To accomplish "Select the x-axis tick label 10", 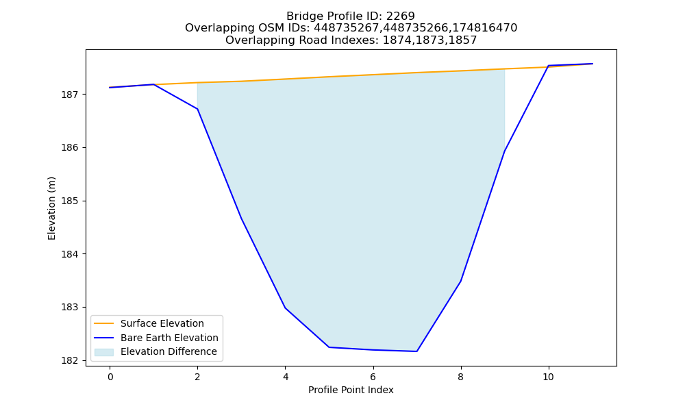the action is [548, 377].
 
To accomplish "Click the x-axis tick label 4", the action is [285, 377].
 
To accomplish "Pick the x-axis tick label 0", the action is [110, 377].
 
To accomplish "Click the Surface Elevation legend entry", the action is [162, 323].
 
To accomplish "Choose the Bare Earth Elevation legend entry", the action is [169, 338].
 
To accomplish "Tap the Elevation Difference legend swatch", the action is [104, 351].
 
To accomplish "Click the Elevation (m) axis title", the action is [51, 208].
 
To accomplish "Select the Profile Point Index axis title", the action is [351, 390].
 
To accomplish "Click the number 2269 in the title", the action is [400, 16].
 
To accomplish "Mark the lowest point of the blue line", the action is [416, 351].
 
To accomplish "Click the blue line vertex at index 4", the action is [285, 308].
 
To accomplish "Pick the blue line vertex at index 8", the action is [460, 282].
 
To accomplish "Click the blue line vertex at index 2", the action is [197, 109].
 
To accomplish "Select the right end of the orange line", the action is [593, 64].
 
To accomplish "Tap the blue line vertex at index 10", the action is [548, 66].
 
